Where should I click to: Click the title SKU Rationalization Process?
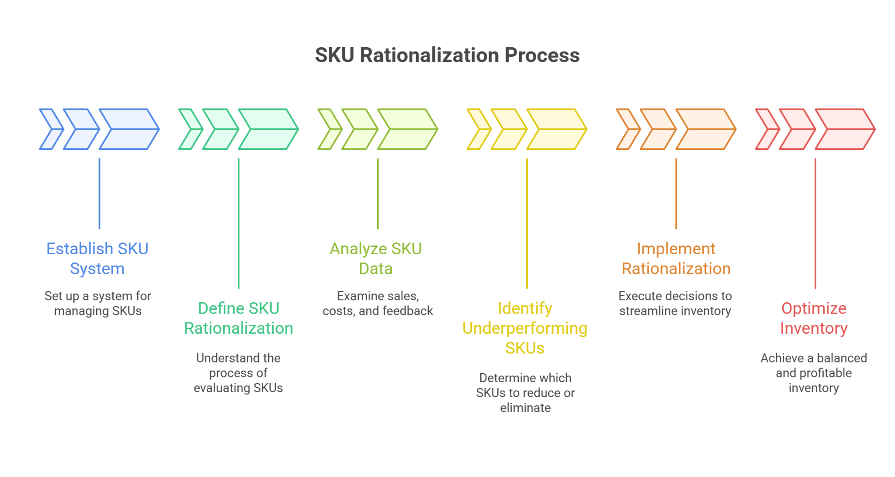(447, 55)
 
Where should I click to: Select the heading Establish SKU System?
(97, 259)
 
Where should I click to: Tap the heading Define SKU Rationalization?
(239, 318)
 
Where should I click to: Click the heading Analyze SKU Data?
(376, 259)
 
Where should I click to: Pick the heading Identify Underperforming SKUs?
(525, 328)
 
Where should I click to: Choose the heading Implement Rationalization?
(676, 259)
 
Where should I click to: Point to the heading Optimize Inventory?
(814, 318)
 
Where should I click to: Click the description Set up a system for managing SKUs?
(98, 304)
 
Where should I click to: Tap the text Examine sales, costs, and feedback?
(378, 304)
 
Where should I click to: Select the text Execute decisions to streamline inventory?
(675, 304)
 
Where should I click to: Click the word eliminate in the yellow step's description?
(525, 408)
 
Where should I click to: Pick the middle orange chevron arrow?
(658, 129)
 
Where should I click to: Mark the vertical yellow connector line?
(527, 223)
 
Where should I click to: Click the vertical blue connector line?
(100, 194)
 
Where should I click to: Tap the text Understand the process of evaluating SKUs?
(239, 373)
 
